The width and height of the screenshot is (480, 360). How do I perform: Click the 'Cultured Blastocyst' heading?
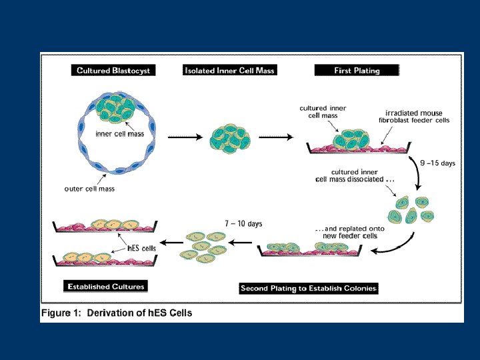click(113, 71)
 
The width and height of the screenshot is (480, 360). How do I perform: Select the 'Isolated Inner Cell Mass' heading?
click(229, 71)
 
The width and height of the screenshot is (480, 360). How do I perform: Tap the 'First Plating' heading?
click(357, 71)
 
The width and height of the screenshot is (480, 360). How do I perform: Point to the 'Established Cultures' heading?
click(106, 287)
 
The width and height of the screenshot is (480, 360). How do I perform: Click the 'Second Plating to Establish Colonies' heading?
click(309, 289)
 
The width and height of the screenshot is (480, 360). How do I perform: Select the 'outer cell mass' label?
click(89, 189)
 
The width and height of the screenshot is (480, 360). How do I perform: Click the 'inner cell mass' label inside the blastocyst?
click(120, 134)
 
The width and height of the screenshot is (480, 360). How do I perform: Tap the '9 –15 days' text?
click(437, 163)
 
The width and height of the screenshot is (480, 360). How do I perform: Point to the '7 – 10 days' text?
click(243, 224)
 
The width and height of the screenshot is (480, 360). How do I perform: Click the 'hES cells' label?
click(141, 248)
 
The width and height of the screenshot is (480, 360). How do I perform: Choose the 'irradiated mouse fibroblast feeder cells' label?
click(414, 117)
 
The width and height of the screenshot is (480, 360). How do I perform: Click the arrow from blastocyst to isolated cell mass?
click(185, 137)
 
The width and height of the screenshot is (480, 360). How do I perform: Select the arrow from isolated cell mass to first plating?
click(276, 137)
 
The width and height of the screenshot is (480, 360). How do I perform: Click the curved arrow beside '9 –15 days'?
click(417, 171)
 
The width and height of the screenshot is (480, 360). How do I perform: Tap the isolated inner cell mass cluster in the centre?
click(230, 139)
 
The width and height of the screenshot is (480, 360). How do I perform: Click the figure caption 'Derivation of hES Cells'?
click(139, 313)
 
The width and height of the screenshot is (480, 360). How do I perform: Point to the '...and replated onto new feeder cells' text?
click(350, 233)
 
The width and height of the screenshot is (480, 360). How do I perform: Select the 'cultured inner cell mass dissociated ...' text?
click(355, 176)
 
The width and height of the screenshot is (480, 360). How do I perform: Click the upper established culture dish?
click(105, 226)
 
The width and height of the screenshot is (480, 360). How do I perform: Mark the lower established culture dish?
click(105, 259)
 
